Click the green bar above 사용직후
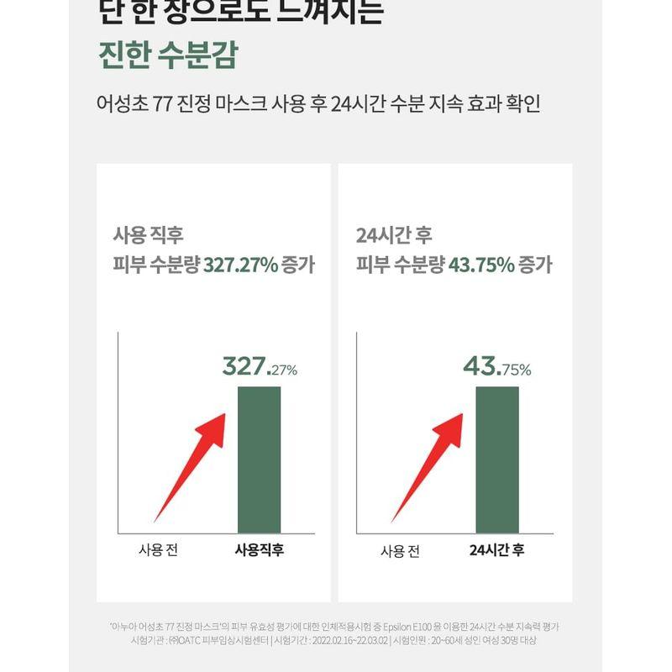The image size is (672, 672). coord(259,459)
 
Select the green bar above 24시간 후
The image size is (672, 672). coord(497,459)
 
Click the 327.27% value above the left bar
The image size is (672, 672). coord(260,367)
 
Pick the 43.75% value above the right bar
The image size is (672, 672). coord(496,367)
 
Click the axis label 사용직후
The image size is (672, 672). coord(258,551)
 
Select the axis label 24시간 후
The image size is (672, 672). coord(496,551)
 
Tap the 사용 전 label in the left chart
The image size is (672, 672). coord(158,551)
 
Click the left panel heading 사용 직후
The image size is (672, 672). coord(147,235)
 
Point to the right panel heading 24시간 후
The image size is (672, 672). coord(394,235)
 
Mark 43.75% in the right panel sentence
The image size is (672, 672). coord(482,265)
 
